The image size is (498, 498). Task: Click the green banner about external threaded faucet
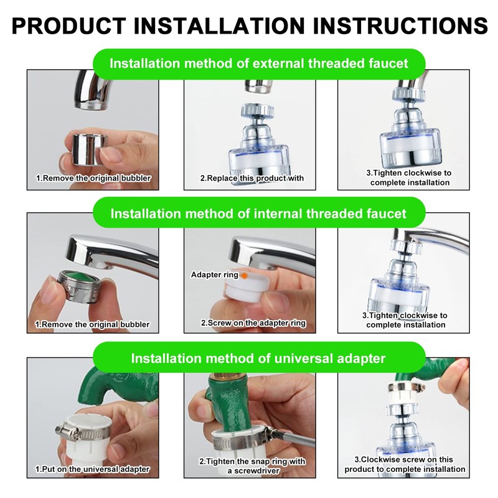pyautogui.click(x=259, y=63)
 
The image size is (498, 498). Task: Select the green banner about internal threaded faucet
pyautogui.click(x=258, y=214)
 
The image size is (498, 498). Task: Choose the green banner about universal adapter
pyautogui.click(x=258, y=359)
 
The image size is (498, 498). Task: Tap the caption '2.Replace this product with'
pyautogui.click(x=251, y=179)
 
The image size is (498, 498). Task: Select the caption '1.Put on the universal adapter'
pyautogui.click(x=92, y=469)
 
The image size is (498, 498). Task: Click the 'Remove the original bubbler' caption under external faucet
pyautogui.click(x=93, y=179)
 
